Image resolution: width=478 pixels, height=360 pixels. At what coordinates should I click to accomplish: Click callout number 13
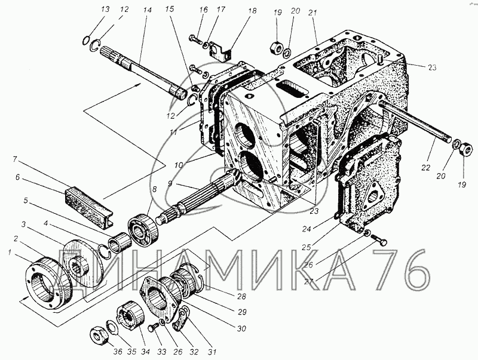point(105,9)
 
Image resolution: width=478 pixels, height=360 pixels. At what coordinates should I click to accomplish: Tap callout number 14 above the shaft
point(147,10)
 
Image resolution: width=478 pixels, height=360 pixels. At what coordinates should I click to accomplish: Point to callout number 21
point(312,13)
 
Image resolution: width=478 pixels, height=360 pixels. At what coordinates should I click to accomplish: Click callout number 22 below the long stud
point(425,167)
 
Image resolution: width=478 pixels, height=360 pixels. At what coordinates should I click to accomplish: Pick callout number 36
point(118,352)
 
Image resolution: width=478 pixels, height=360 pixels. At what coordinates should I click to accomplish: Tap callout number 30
point(241,328)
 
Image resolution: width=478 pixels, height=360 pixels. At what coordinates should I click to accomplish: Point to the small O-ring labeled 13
point(87,40)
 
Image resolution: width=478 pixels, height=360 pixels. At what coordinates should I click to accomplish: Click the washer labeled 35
point(112,327)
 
